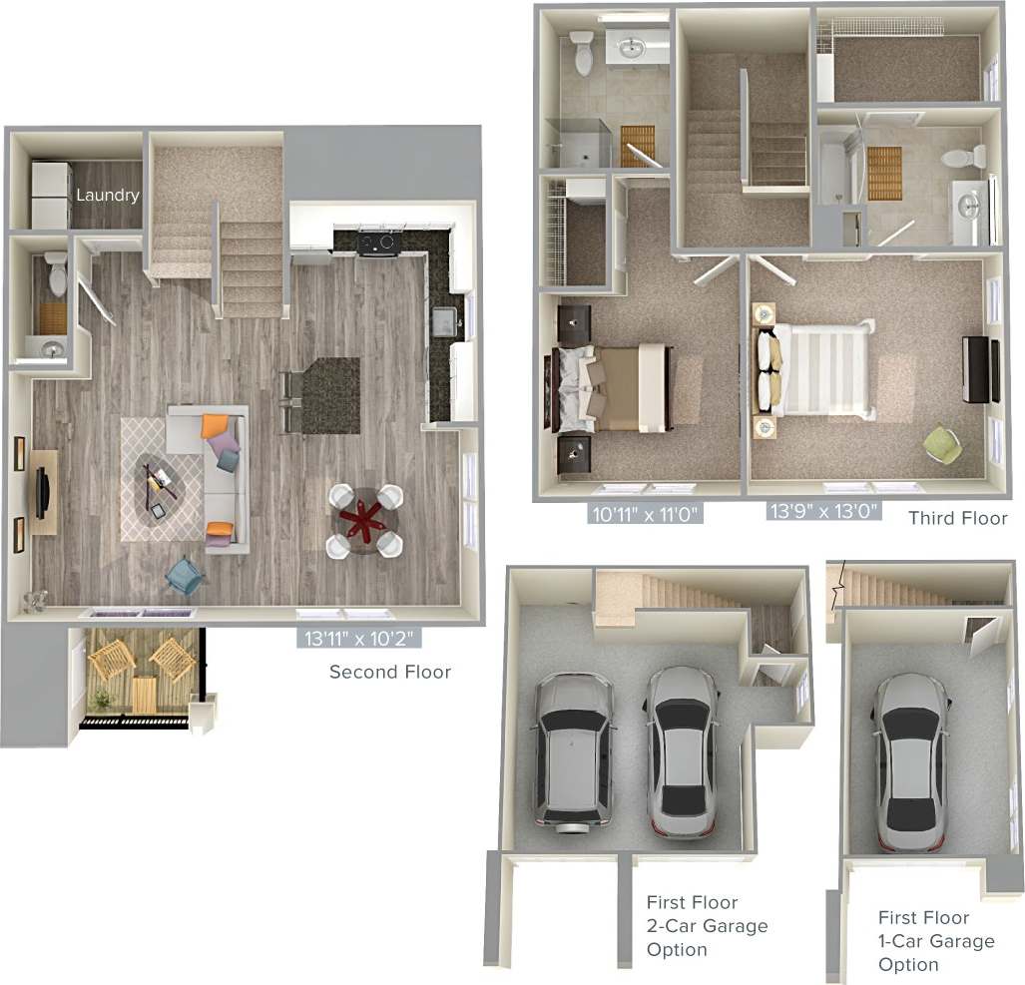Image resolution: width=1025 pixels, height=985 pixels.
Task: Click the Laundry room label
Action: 108,196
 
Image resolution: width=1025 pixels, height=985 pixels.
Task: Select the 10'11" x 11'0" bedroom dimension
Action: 646,514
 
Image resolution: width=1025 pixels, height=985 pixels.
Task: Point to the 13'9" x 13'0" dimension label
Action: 824,512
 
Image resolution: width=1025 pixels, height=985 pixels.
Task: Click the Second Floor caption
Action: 390,672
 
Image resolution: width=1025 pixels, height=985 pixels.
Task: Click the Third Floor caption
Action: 958,518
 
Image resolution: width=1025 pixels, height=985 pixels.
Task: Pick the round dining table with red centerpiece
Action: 365,520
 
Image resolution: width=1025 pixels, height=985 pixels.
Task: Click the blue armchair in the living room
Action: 186,575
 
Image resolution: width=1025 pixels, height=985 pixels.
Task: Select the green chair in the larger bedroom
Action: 941,443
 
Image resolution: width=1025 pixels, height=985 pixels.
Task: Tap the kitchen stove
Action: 379,243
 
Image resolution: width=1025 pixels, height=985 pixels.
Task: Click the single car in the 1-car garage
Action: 910,760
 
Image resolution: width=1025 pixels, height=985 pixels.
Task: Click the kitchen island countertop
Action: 330,395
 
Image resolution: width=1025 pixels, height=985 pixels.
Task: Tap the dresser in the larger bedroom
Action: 980,370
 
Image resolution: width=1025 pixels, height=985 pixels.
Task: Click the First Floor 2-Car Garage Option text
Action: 707,926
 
